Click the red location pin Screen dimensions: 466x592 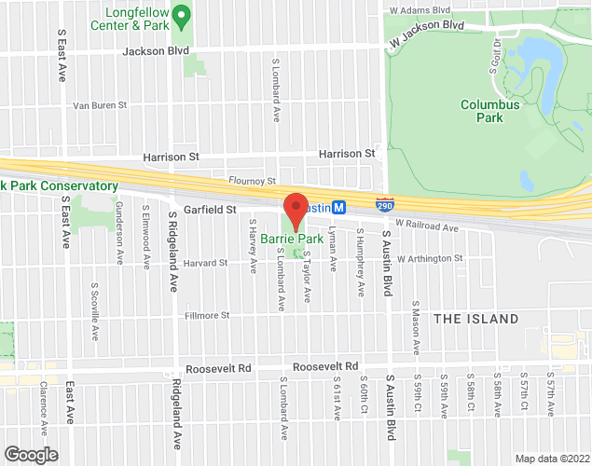pos(296,209)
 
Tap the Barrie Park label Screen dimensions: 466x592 pos(284,240)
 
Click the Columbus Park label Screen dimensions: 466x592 pos(489,111)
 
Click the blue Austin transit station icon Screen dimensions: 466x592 pos(339,206)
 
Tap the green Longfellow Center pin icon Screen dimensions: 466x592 pos(184,15)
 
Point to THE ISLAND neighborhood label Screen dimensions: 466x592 pos(475,319)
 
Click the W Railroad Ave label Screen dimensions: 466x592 pos(427,226)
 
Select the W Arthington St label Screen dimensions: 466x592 pos(430,258)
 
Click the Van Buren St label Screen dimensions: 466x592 pos(100,106)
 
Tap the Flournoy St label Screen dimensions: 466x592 pos(253,181)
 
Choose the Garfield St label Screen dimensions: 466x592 pos(209,211)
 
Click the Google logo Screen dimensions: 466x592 pos(30,454)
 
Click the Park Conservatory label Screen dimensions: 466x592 pos(60,186)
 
